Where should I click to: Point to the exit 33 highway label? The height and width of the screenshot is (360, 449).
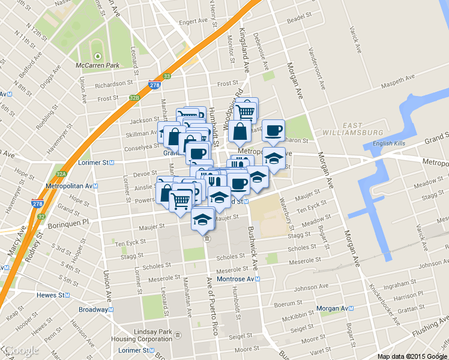[x=167, y=76]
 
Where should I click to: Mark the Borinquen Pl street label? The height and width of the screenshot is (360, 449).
[x=68, y=221]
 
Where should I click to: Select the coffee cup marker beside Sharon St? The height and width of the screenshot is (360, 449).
[x=273, y=130]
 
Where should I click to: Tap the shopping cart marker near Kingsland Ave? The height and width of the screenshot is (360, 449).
[x=246, y=111]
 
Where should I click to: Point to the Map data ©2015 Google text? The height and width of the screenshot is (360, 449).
[x=412, y=356]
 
